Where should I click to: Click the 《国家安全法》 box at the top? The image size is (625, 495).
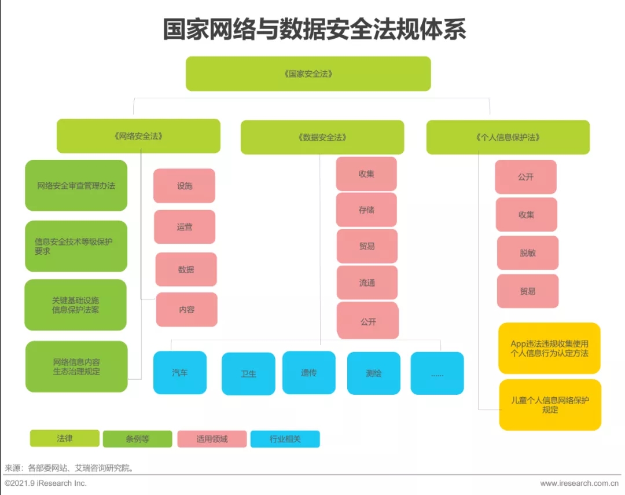pyautogui.click(x=308, y=74)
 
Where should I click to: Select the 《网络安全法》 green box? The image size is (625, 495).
pyautogui.click(x=138, y=136)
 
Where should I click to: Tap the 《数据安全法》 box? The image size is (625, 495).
pyautogui.click(x=322, y=137)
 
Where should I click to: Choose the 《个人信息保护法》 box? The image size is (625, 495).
pyautogui.click(x=508, y=137)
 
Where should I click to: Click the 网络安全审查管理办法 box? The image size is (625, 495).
pyautogui.click(x=76, y=185)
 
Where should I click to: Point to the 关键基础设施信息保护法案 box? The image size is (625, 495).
pyautogui.click(x=75, y=305)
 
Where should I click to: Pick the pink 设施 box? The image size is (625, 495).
pyautogui.click(x=184, y=186)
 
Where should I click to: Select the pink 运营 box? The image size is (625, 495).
pyautogui.click(x=185, y=227)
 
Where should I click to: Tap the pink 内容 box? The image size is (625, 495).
pyautogui.click(x=186, y=310)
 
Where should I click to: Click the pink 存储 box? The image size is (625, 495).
pyautogui.click(x=366, y=210)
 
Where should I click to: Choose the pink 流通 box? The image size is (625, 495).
pyautogui.click(x=367, y=283)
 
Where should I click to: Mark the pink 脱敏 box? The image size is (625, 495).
pyautogui.click(x=527, y=252)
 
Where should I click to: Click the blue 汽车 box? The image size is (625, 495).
pyautogui.click(x=179, y=372)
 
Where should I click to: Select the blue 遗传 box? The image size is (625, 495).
pyautogui.click(x=308, y=372)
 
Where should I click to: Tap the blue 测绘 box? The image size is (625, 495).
pyautogui.click(x=373, y=373)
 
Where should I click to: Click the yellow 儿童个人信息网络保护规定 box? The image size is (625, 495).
pyautogui.click(x=550, y=405)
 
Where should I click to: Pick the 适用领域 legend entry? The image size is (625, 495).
pyautogui.click(x=212, y=439)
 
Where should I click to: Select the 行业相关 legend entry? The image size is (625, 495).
pyautogui.click(x=285, y=439)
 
